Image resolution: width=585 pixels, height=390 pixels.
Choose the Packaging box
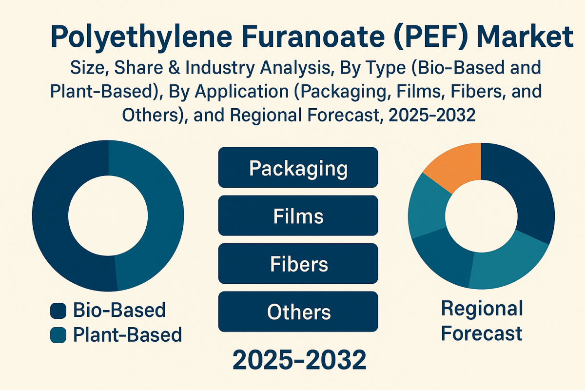pyautogui.click(x=298, y=168)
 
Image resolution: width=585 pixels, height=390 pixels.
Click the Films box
pyautogui.click(x=298, y=215)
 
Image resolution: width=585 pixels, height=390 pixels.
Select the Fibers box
pyautogui.click(x=298, y=263)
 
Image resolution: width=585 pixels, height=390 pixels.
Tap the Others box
pyautogui.click(x=298, y=312)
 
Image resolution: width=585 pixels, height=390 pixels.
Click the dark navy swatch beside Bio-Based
pyautogui.click(x=58, y=311)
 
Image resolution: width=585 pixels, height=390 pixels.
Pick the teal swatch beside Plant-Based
pyautogui.click(x=58, y=335)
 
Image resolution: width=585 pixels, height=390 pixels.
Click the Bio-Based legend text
pyautogui.click(x=119, y=310)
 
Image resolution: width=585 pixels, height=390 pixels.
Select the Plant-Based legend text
pyautogui.click(x=127, y=335)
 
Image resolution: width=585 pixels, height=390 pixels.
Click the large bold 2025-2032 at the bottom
pyautogui.click(x=299, y=360)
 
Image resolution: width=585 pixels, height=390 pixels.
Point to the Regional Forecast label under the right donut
pyautogui.click(x=482, y=321)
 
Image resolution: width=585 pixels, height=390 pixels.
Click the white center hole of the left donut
pyautogui.click(x=108, y=215)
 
